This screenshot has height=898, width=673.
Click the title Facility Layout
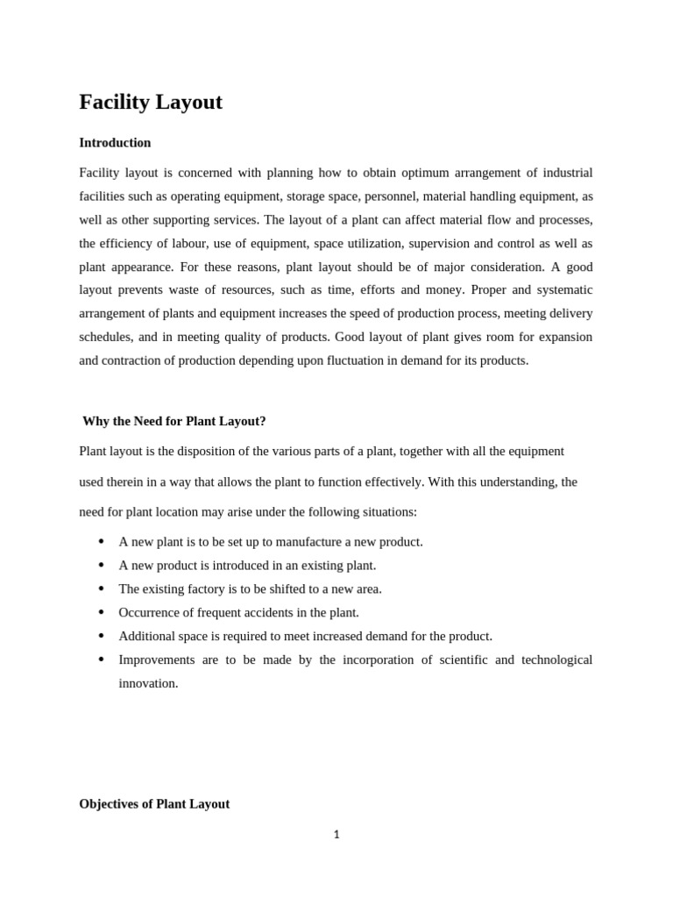(151, 103)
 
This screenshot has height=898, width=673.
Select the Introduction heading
(115, 143)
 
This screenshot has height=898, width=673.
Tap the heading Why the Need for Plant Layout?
(174, 421)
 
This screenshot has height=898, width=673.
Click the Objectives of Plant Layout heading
(154, 804)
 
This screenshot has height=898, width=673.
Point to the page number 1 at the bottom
(336, 835)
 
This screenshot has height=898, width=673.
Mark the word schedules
(106, 337)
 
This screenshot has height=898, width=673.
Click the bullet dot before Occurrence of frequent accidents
(101, 612)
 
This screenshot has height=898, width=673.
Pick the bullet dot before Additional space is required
(101, 636)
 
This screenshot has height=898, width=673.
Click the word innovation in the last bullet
(148, 683)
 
